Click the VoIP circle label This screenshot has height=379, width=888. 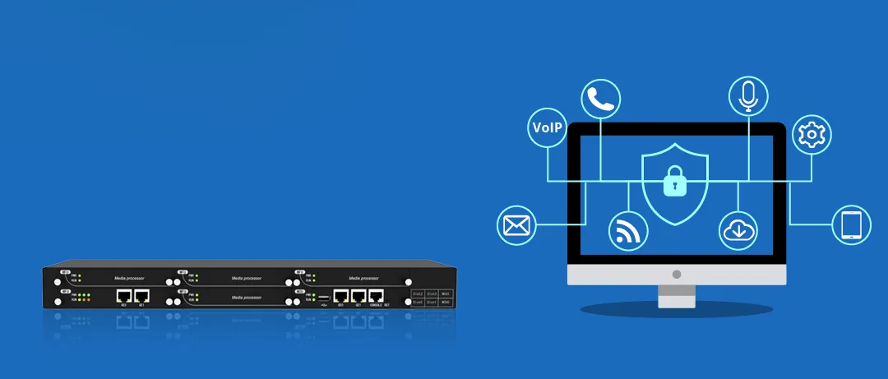pos(548,127)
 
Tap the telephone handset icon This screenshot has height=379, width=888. pos(600,99)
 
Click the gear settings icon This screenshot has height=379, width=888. pos(812,133)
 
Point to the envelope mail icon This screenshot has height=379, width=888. pos(517,224)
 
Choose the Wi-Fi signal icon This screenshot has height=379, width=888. pos(627,231)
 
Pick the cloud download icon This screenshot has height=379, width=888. pos(737,231)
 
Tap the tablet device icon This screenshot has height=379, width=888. pos(851,224)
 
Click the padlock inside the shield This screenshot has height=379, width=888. pos(675,183)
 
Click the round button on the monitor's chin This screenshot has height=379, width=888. pos(677,274)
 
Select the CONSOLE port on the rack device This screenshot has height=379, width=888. pos(377,295)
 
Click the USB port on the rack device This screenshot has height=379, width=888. pos(324,297)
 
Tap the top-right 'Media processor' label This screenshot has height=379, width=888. pos(364,278)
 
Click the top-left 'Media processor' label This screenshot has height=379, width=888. pos(130,278)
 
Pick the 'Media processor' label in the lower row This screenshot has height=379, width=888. pos(247,297)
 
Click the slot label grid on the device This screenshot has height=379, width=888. pos(432,298)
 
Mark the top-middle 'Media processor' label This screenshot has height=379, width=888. pos(247,278)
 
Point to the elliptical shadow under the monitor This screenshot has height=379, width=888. pos(676,310)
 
